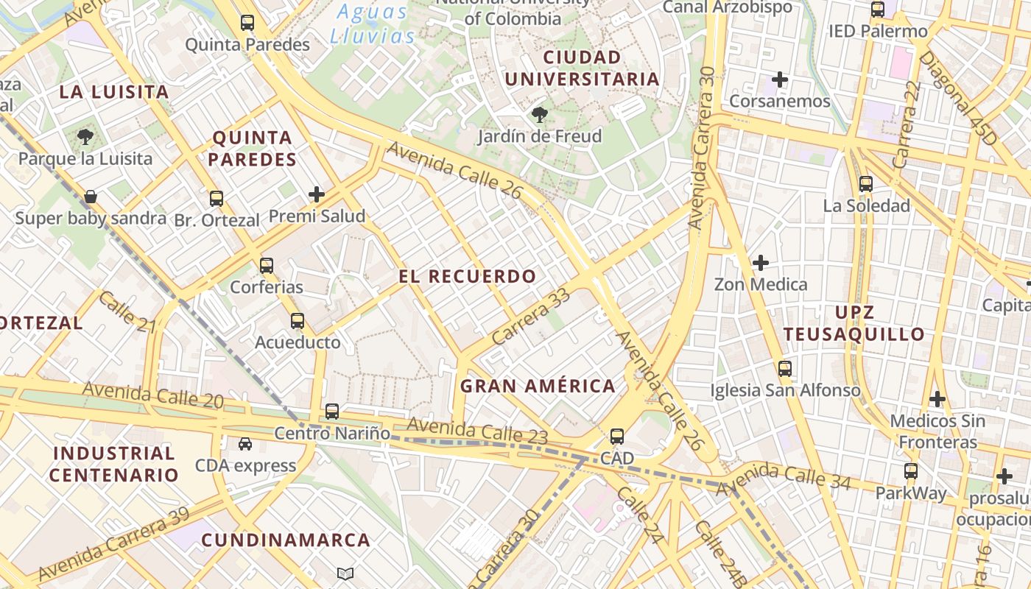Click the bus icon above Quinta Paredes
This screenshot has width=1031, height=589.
247,23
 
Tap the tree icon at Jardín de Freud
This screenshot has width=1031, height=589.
540,115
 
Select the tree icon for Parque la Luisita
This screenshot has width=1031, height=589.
85,137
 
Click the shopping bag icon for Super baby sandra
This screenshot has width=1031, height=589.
91,197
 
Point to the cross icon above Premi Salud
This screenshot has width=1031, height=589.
317,194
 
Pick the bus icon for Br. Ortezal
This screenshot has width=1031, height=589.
216,198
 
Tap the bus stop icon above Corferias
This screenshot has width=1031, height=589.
267,266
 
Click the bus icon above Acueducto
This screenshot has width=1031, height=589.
298,321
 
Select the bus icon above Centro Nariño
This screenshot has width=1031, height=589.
332,412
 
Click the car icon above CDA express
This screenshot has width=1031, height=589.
245,444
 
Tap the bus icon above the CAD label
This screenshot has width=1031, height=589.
617,437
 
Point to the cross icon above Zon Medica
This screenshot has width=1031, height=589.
761,262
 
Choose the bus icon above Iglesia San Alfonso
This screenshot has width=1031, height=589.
785,369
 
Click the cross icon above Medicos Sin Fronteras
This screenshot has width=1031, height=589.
937,399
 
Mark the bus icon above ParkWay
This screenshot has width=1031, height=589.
911,471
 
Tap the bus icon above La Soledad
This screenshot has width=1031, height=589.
866,184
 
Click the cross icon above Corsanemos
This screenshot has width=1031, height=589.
780,79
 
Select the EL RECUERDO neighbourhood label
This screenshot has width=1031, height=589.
468,277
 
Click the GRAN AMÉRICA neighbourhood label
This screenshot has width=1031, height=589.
538,386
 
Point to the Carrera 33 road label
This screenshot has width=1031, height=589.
531,317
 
